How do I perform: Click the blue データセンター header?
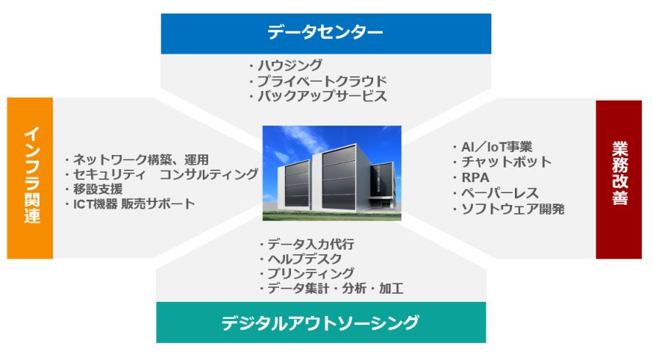[x=325, y=33]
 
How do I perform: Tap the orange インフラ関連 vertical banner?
[x=30, y=178]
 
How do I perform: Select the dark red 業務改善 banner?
[x=619, y=179]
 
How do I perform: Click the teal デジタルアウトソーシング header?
[x=321, y=323]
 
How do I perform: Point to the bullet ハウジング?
[x=286, y=65]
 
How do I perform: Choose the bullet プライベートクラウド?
[x=318, y=81]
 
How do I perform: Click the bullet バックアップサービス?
[x=318, y=96]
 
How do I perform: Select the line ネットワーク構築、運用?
[x=137, y=159]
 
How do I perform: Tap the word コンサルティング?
[x=209, y=173]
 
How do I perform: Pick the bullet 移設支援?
[x=94, y=189]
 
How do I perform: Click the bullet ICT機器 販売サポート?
[x=130, y=204]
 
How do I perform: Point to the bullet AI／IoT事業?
[x=493, y=147]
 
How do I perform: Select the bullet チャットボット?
[x=502, y=162]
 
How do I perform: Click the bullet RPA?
[x=471, y=178]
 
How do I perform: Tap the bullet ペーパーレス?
[x=496, y=193]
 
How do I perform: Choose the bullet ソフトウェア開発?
[x=508, y=209]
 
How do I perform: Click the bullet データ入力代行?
[x=306, y=244]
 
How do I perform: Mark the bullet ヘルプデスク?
[x=300, y=259]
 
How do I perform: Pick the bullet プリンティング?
[x=306, y=273]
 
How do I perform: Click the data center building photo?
[x=332, y=173]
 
